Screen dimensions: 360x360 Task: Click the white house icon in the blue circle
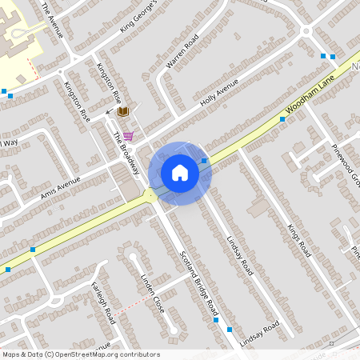(x=180, y=173)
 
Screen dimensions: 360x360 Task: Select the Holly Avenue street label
(x=219, y=98)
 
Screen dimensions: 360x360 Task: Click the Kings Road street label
(x=297, y=231)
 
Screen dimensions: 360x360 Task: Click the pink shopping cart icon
(x=128, y=136)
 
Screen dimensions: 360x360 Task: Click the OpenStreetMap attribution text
(x=81, y=354)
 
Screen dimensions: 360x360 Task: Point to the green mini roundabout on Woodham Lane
(x=150, y=195)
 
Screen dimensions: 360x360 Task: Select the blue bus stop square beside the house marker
(x=205, y=161)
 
